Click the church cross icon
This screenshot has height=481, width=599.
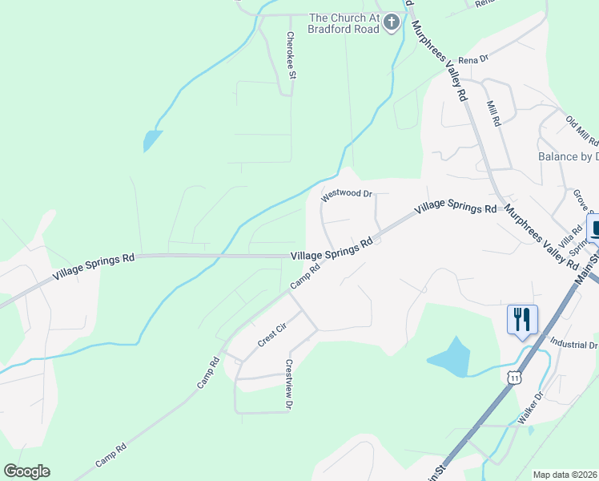pos(392,22)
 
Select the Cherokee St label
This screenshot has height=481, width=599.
pos(292,55)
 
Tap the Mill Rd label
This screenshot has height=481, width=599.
pos(493,113)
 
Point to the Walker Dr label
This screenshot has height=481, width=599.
pos(530,407)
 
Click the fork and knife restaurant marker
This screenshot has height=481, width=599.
pos(521,320)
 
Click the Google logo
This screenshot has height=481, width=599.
pos(26,471)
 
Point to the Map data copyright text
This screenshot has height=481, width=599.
pos(565,475)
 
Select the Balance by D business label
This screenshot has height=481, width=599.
pos(568,157)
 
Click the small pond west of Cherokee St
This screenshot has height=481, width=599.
pos(152,140)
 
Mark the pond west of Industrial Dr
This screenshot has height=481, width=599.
pos(451,358)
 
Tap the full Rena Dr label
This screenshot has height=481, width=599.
pos(472,59)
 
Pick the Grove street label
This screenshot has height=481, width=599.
pos(580,201)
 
